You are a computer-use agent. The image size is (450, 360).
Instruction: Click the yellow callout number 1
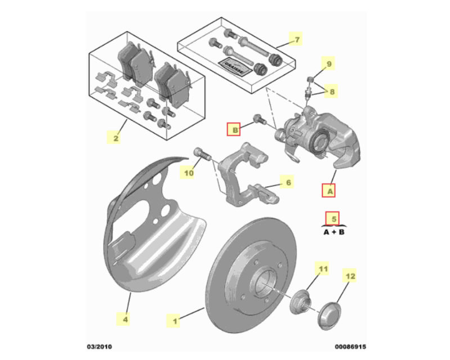(174, 321)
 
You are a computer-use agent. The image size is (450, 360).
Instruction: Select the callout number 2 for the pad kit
(116, 138)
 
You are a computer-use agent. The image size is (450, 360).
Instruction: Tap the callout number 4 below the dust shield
(125, 319)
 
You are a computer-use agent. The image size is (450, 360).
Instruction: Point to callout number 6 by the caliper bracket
(288, 182)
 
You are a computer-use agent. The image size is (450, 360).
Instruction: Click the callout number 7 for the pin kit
(296, 39)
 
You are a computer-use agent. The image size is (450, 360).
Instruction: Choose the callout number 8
(331, 92)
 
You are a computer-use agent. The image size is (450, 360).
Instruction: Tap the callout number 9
(328, 64)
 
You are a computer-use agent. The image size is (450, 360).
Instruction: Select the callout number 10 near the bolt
(188, 173)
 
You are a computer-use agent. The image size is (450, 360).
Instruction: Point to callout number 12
(350, 276)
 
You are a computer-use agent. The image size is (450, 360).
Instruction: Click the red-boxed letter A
(329, 190)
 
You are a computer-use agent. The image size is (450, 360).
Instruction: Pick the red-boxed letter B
(234, 129)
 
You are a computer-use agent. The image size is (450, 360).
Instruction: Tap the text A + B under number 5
(334, 232)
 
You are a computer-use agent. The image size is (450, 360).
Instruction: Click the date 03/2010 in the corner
(100, 346)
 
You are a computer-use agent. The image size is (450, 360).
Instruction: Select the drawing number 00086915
(350, 347)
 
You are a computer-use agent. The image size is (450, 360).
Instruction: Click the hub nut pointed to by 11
(301, 302)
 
